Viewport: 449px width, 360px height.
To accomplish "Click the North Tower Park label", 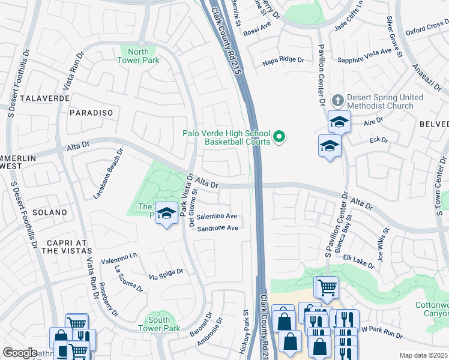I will pyautogui.click(x=138, y=56).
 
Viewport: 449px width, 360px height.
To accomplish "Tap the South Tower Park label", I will pyautogui.click(x=159, y=324).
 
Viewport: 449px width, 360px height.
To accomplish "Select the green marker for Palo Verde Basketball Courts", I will pyautogui.click(x=279, y=138).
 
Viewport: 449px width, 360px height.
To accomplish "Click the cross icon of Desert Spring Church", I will pyautogui.click(x=338, y=100).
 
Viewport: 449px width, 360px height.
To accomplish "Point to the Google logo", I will pyautogui.click(x=20, y=352).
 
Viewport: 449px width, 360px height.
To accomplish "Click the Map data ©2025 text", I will pyautogui.click(x=423, y=355).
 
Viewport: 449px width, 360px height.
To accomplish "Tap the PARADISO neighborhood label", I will pyautogui.click(x=91, y=112).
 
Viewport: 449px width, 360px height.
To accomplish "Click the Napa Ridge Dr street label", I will pyautogui.click(x=284, y=61).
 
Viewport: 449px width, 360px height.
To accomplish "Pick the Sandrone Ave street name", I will pyautogui.click(x=217, y=228).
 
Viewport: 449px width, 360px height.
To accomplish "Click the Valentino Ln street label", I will pyautogui.click(x=119, y=258).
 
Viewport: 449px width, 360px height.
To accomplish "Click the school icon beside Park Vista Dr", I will pyautogui.click(x=166, y=213).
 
